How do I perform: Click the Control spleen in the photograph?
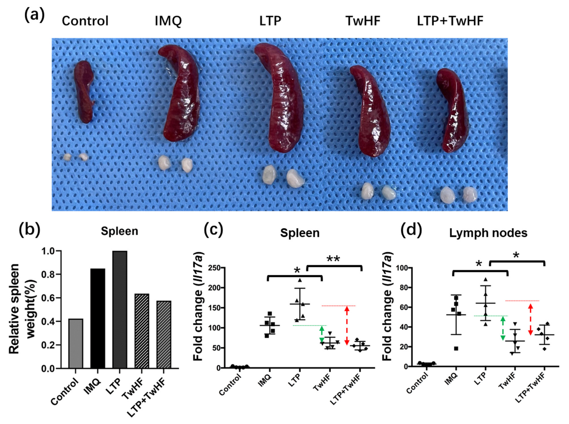click(x=83, y=91)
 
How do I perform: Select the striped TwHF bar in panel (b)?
click(x=141, y=331)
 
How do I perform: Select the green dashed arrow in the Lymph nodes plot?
click(x=503, y=328)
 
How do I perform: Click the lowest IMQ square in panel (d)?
click(x=456, y=348)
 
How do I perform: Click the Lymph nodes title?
click(x=488, y=233)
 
